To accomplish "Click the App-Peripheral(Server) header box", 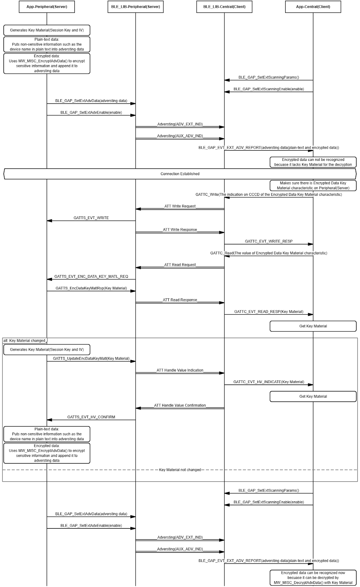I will click(47, 7).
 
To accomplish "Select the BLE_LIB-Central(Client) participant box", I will click(224, 7).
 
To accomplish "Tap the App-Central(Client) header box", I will click(313, 7).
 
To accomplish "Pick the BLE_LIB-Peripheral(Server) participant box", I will click(135, 7).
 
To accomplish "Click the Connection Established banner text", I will click(180, 174).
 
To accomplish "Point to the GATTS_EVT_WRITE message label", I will click(91, 218).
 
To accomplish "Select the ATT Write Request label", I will click(180, 206).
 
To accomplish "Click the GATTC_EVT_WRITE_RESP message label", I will click(269, 241).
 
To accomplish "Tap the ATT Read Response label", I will click(180, 300).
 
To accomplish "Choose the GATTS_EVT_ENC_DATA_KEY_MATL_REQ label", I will click(91, 276).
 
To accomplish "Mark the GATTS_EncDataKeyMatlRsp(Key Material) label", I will click(91, 288).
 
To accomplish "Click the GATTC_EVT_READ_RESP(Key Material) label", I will click(269, 312).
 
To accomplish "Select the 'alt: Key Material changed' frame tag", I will click(24, 340).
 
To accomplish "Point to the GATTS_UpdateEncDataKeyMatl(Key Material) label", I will click(91, 358).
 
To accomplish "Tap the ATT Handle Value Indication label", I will click(180, 370).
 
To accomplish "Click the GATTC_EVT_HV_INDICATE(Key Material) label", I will click(269, 382).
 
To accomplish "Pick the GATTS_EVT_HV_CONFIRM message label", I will click(91, 417).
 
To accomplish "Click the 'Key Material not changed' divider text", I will click(180, 470).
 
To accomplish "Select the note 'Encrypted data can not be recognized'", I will click(313, 162).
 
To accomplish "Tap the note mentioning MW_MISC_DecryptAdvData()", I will click(313, 578).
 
